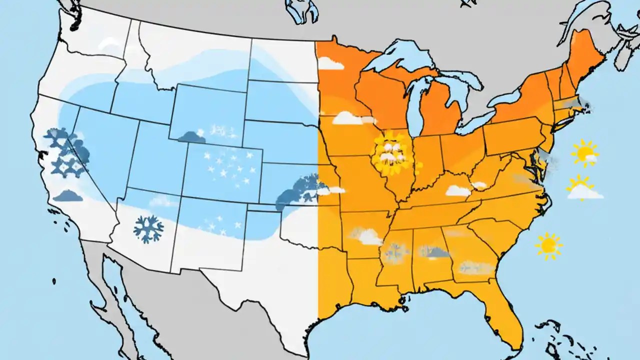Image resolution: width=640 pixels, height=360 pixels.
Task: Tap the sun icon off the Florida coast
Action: click(548, 245)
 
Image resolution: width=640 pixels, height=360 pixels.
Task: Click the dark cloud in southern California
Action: click(68, 195)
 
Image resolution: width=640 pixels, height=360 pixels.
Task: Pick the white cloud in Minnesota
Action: click(330, 63)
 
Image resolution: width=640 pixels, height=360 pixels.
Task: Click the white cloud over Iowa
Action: click(348, 118)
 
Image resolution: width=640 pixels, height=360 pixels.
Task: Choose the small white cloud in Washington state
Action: click(106, 44)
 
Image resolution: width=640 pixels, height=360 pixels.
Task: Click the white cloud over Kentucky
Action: click(458, 190)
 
